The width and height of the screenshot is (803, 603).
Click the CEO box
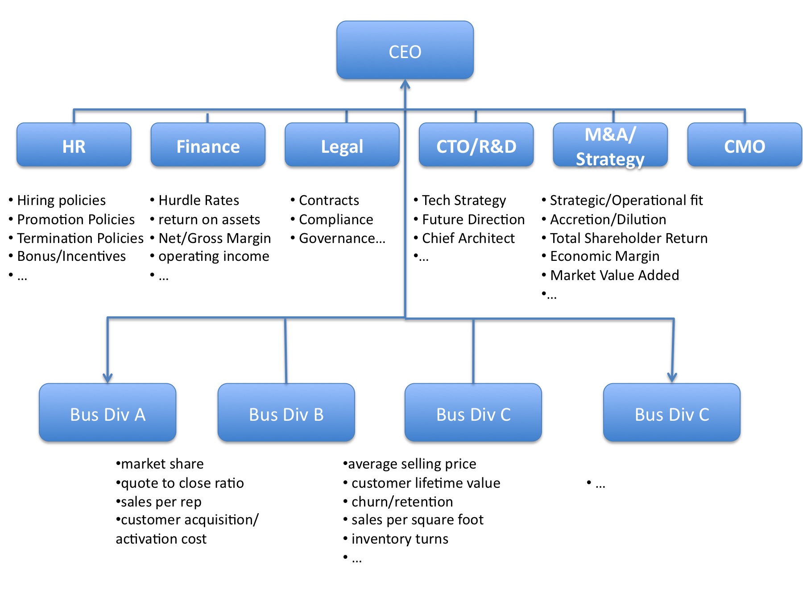pyautogui.click(x=405, y=50)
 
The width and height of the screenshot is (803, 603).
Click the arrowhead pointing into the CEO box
pyautogui.click(x=405, y=84)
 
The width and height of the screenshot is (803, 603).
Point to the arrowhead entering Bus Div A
pyautogui.click(x=108, y=378)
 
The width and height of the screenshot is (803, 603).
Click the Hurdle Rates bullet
pyautogui.click(x=198, y=200)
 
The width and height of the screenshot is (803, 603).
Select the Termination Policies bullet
pyautogui.click(x=80, y=238)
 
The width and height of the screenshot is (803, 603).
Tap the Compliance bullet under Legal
pyautogui.click(x=335, y=219)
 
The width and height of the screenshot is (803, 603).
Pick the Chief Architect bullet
pyautogui.click(x=468, y=238)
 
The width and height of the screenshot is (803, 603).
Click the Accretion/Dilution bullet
pyautogui.click(x=608, y=219)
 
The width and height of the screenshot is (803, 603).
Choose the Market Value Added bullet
pyautogui.click(x=614, y=275)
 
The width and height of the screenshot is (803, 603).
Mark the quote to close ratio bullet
pyautogui.click(x=182, y=483)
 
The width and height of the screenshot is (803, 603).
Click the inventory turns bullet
pyautogui.click(x=399, y=539)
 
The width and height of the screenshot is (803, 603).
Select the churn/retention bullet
pyautogui.click(x=401, y=502)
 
